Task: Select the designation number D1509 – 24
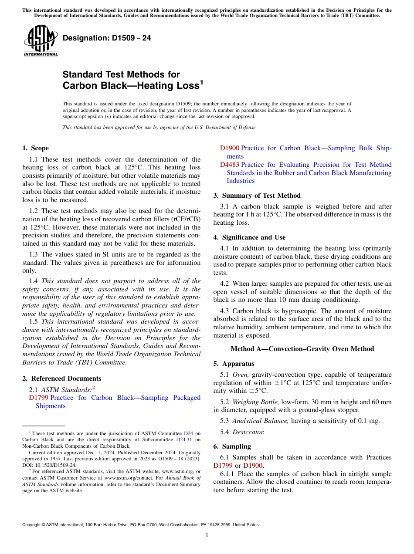pos(107,38)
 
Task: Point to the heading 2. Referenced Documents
pos(62,378)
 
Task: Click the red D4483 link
pos(229,165)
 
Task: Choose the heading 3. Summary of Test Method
pos(257,196)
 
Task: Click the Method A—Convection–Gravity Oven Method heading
pos(302,349)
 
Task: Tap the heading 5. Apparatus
pos(234,364)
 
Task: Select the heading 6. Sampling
pos(232,446)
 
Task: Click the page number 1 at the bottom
pos(207,535)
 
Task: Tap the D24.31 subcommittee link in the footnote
pos(191,439)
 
